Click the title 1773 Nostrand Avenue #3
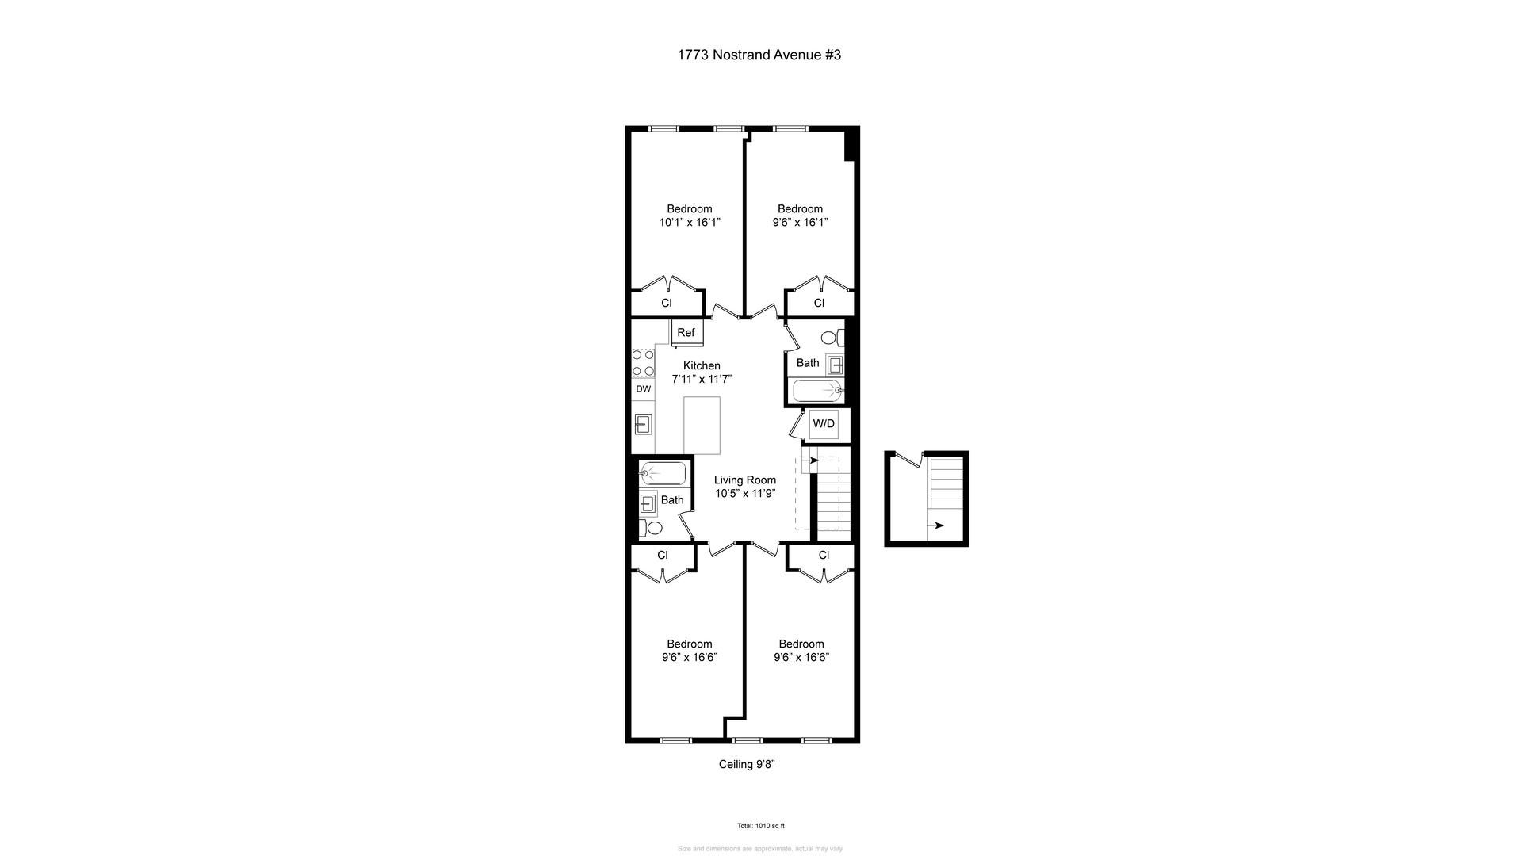(759, 55)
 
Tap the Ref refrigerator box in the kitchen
(686, 333)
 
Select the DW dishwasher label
(643, 389)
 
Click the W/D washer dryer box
(824, 424)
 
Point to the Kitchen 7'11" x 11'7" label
(702, 373)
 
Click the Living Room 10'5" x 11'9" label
(744, 487)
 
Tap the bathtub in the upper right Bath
(816, 390)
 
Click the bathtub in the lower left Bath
(663, 473)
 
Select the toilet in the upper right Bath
(830, 338)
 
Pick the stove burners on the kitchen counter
(643, 364)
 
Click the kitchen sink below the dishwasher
(643, 424)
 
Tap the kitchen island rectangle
(702, 426)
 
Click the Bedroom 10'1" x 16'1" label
(689, 216)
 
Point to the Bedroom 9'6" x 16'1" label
(800, 216)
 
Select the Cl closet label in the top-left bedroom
(667, 303)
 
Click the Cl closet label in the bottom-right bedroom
(824, 555)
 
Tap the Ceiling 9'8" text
(746, 765)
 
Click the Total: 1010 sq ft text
(760, 826)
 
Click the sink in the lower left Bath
(648, 502)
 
